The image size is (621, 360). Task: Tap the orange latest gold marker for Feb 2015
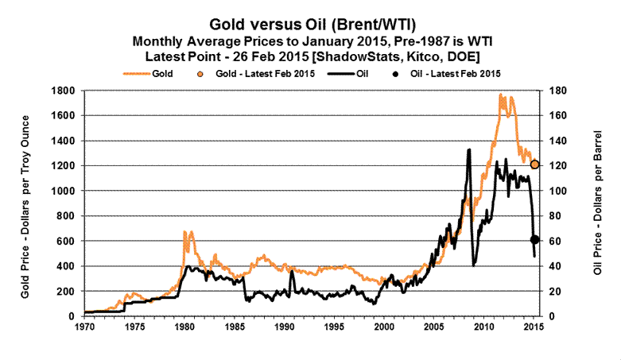click(535, 165)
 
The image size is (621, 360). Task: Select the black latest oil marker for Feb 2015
click(535, 239)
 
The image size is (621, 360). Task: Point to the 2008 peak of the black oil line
click(469, 149)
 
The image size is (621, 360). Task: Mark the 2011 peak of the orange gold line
click(501, 95)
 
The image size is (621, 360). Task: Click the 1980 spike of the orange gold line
click(184, 231)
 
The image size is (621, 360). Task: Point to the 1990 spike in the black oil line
click(292, 271)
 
